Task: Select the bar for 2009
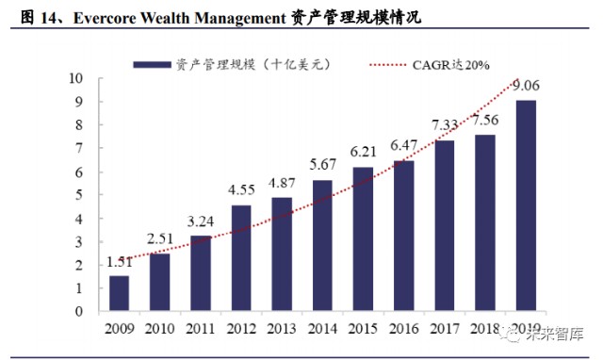click(119, 294)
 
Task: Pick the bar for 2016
click(403, 236)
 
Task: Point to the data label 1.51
click(119, 261)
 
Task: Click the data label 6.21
click(364, 154)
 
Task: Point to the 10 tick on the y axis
click(76, 78)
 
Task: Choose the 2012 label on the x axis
click(241, 331)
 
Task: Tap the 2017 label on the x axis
click(445, 331)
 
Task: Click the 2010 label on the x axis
click(159, 331)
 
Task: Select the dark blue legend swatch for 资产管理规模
click(152, 64)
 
